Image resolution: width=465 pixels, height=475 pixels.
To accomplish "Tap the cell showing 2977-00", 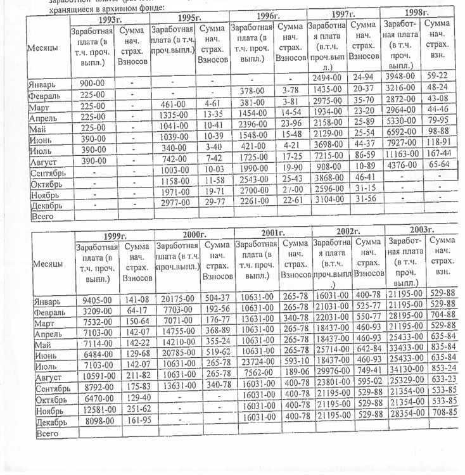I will coord(172,203).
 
